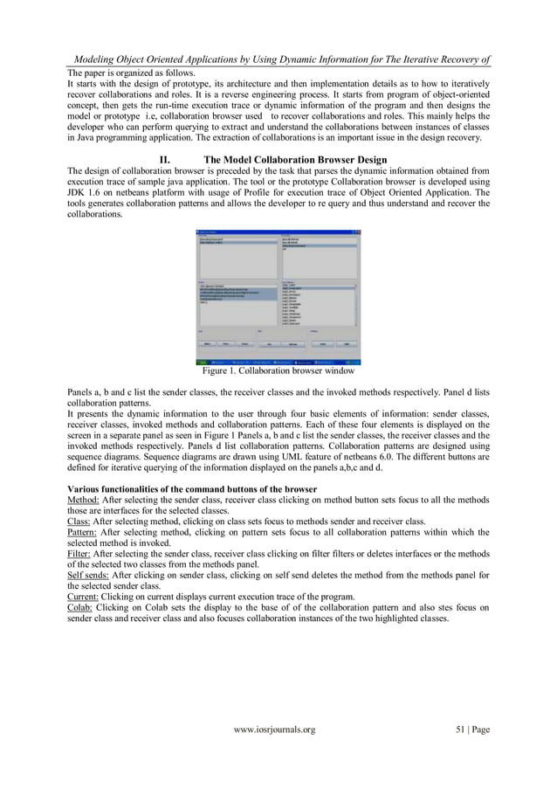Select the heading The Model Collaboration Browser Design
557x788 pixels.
coord(294,160)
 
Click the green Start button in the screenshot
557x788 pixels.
coord(202,361)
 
